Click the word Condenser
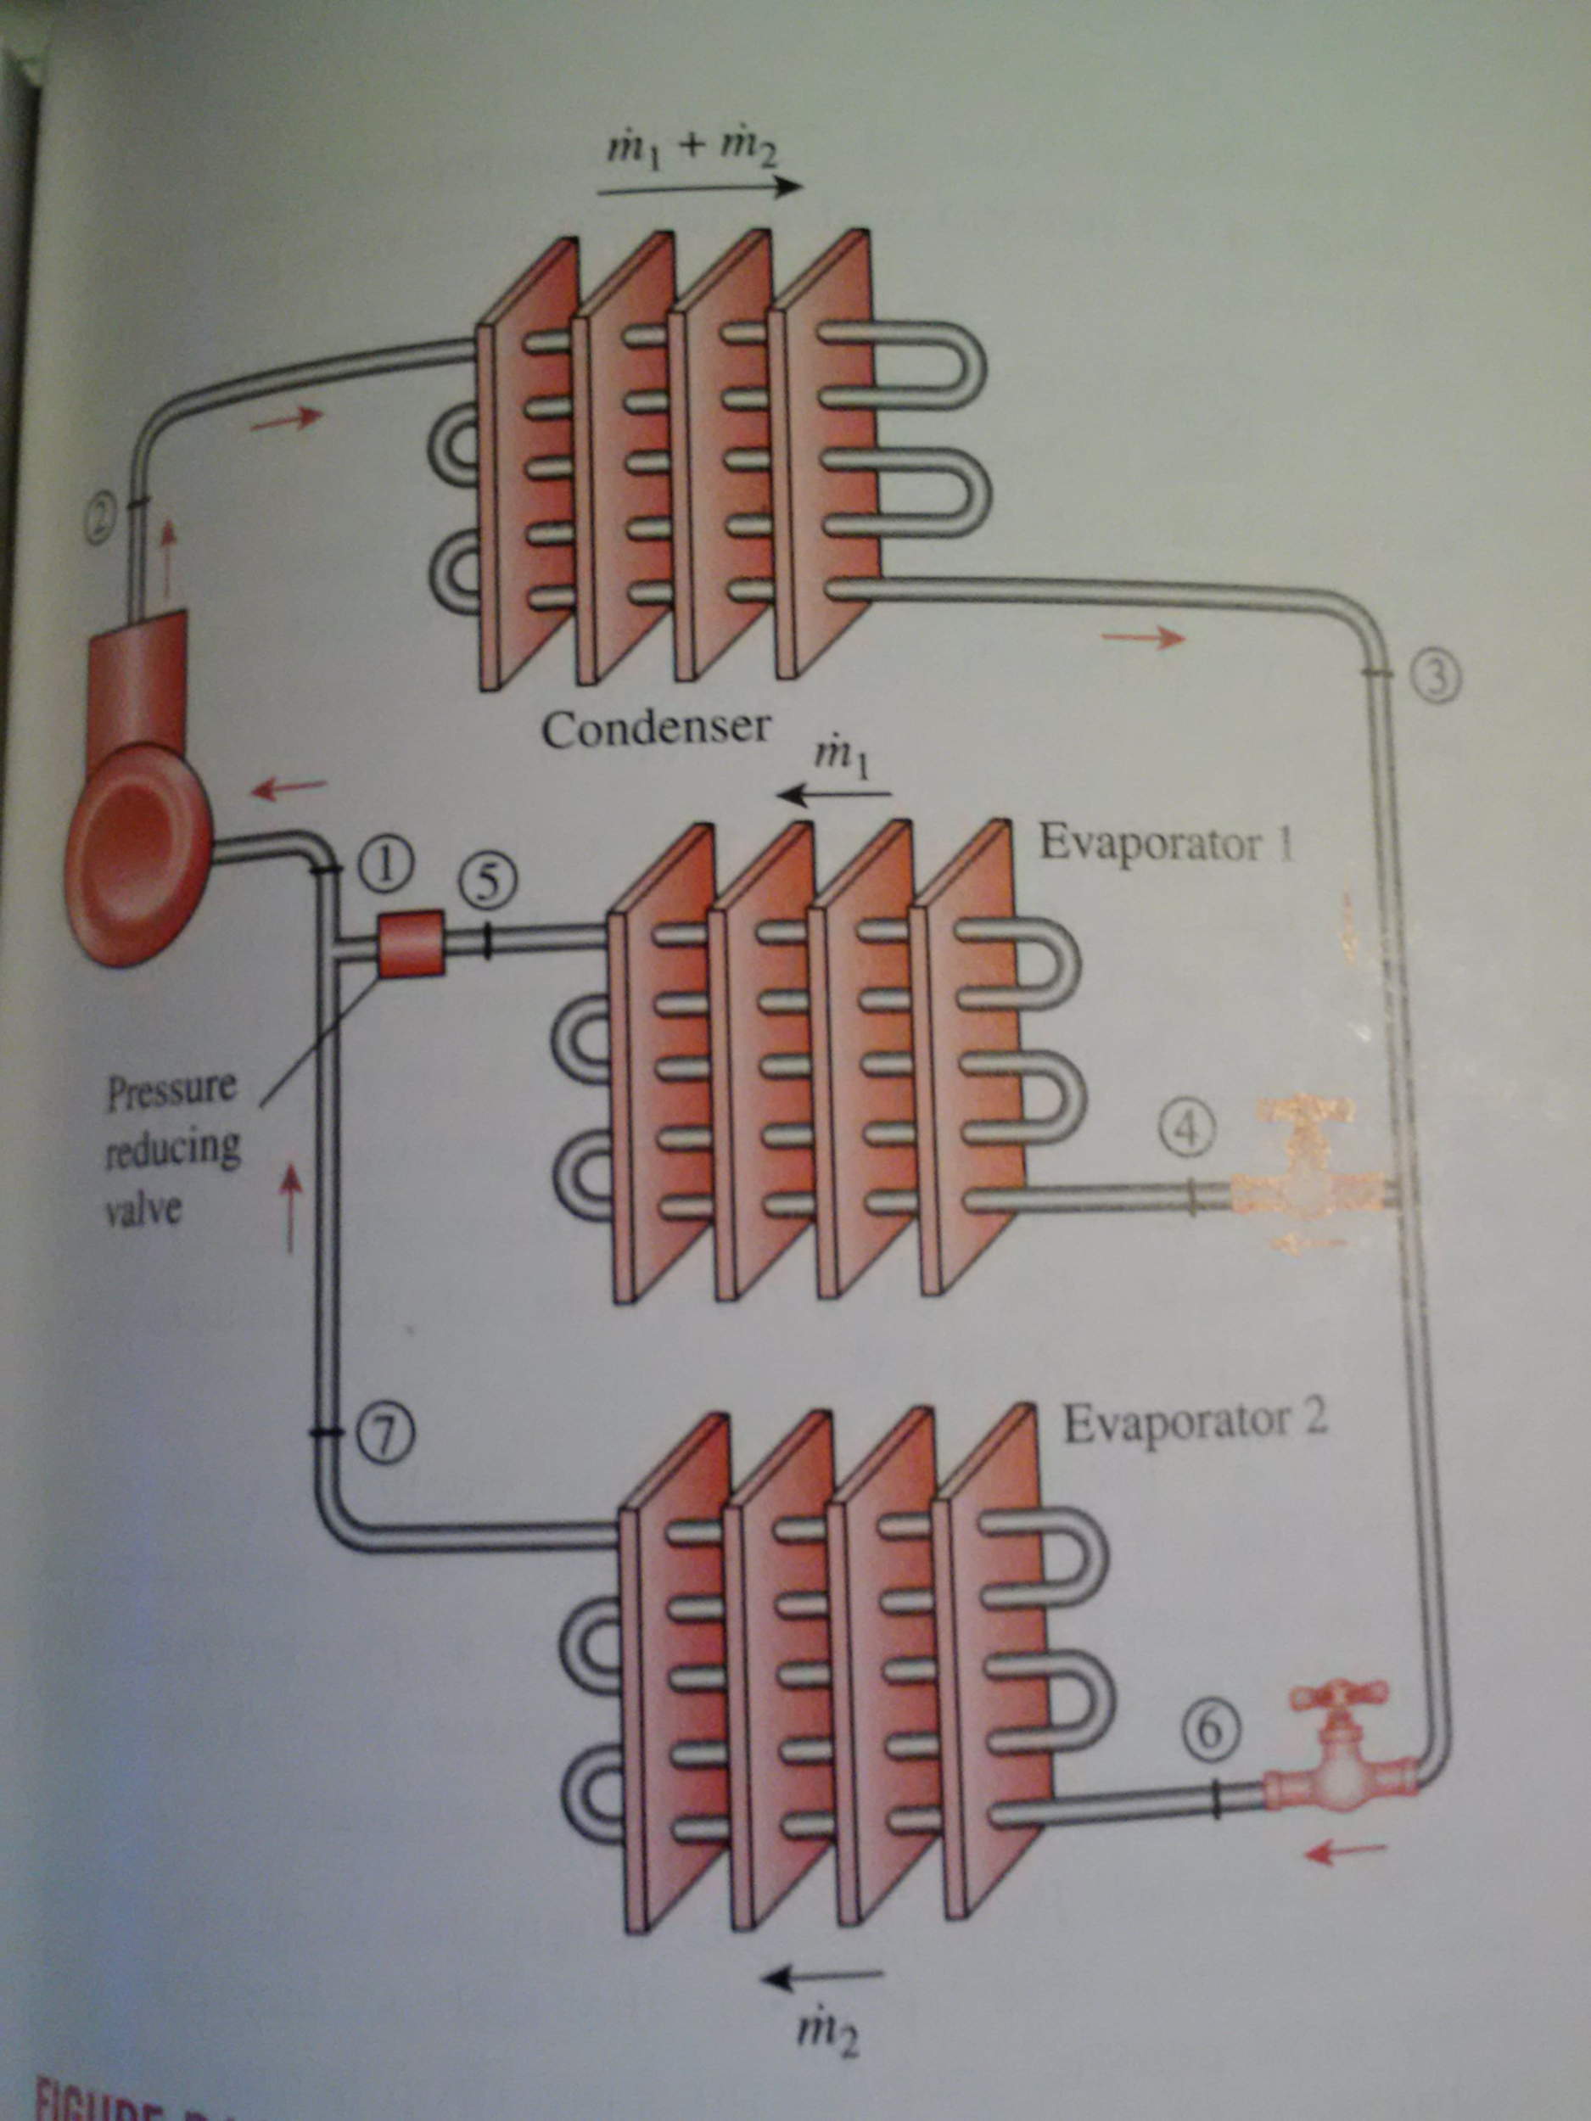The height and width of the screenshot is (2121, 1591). pyautogui.click(x=655, y=730)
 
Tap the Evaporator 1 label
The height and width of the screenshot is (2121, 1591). pyautogui.click(x=1166, y=845)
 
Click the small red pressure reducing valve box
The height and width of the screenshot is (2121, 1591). pyautogui.click(x=412, y=943)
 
